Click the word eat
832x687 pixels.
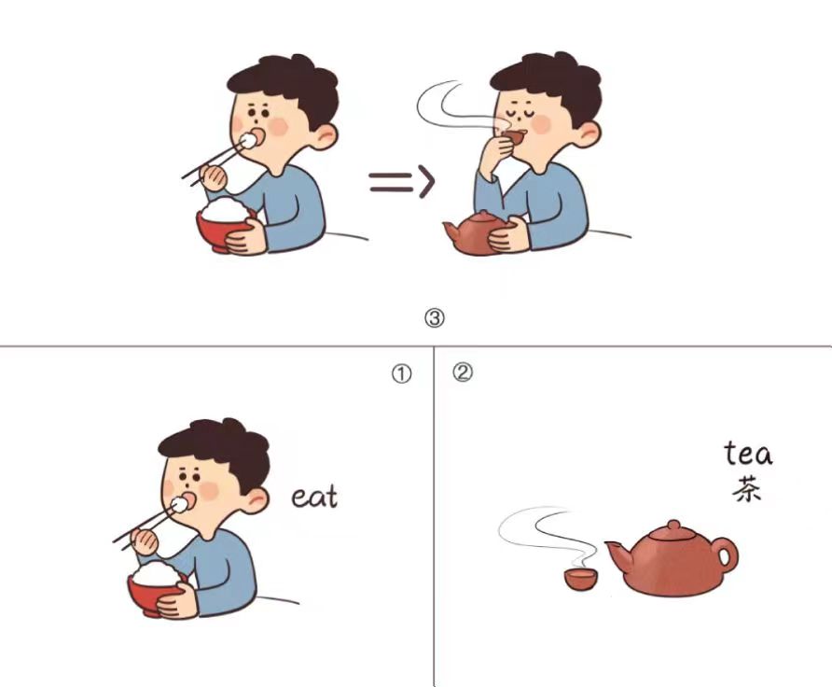coord(314,498)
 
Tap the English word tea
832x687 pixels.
coord(748,454)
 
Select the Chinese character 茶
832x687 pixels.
coord(748,489)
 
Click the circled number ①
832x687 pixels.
coord(402,374)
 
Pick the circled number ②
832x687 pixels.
coord(462,372)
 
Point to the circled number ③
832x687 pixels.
coord(435,318)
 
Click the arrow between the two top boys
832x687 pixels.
coord(402,182)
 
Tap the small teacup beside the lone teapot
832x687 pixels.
coord(580,579)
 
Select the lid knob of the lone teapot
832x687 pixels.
coord(673,526)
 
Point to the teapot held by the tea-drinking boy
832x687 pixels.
coord(474,233)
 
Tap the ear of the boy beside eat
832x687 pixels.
coord(256,500)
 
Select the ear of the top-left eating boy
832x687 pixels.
coord(325,136)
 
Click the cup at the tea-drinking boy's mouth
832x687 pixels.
coord(514,137)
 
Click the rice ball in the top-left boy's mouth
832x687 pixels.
coord(248,140)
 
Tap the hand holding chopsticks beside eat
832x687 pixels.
coord(145,542)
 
